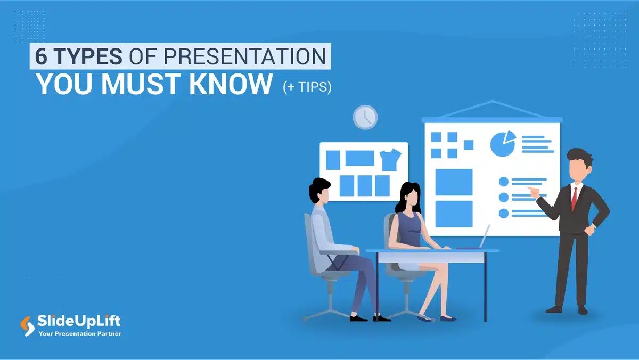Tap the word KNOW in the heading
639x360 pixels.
click(x=232, y=84)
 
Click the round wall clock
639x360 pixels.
click(x=365, y=117)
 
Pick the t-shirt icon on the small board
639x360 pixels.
click(x=390, y=159)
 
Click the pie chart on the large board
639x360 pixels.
click(x=503, y=144)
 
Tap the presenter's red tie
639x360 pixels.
click(x=575, y=198)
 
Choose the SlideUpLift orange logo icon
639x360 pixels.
click(x=26, y=325)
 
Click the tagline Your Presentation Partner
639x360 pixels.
click(x=80, y=334)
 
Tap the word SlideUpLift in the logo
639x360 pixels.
click(x=79, y=321)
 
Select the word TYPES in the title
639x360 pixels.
click(x=85, y=56)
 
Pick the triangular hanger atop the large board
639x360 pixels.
click(x=492, y=109)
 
